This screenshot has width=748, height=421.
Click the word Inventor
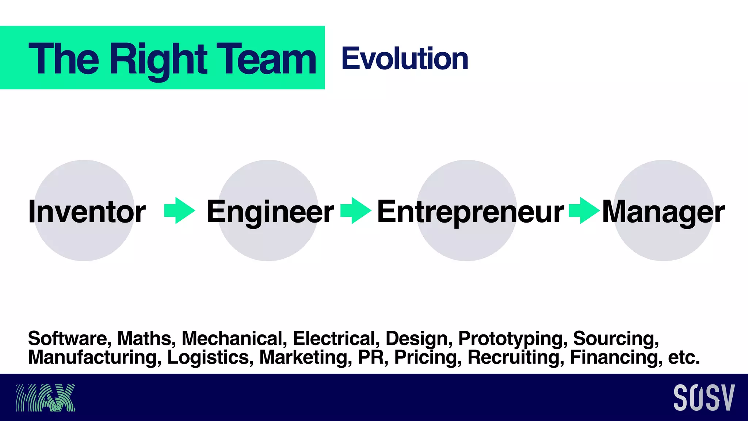[87, 212]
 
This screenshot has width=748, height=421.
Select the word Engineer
[270, 212]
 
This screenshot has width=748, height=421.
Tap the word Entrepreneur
[470, 212]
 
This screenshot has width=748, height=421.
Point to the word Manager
[663, 212]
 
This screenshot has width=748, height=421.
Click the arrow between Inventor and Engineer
[180, 210]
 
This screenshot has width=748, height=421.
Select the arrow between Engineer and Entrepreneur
[356, 210]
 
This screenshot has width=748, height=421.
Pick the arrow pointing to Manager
[584, 210]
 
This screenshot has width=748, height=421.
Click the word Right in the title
[159, 59]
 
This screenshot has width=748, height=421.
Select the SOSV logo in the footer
[704, 398]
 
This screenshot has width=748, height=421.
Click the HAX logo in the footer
[45, 398]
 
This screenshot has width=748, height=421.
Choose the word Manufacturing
[95, 357]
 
